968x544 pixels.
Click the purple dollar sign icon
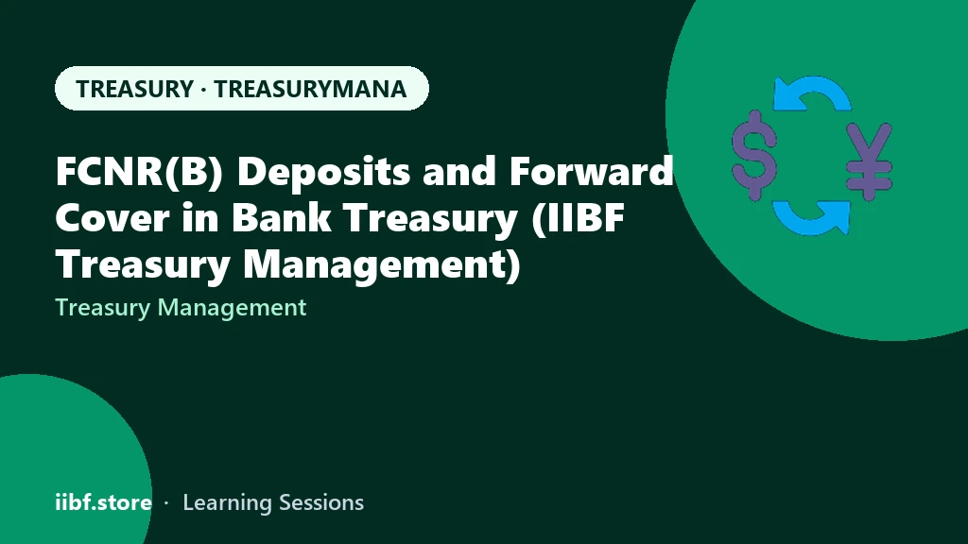coord(753,156)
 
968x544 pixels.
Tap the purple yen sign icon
coord(870,161)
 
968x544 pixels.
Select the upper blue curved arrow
coord(812,92)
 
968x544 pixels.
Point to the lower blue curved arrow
coord(812,218)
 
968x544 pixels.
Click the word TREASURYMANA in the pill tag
coord(310,89)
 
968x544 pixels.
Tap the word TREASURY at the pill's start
coord(135,89)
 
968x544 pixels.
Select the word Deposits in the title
coord(323,171)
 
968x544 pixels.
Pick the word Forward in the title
coord(591,171)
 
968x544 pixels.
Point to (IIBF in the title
coord(578,218)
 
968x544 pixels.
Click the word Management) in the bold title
coord(382,264)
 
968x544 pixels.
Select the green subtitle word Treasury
coord(102,308)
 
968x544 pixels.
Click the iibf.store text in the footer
coord(104,502)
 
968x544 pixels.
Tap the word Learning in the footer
coord(227,502)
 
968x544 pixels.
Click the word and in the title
coord(459,171)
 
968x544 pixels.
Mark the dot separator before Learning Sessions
coord(166,503)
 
